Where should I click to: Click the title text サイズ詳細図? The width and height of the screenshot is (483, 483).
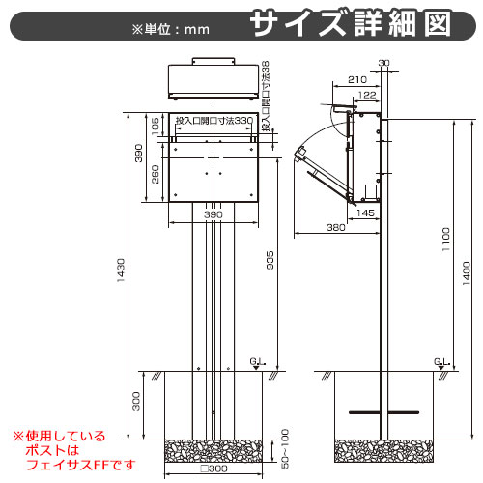[x=351, y=23]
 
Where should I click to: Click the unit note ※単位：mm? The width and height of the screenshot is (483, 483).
[x=171, y=30]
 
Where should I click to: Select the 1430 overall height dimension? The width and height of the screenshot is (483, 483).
[x=121, y=270]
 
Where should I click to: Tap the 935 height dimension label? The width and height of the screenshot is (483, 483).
[x=270, y=260]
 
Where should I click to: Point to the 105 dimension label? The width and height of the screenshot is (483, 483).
[x=156, y=127]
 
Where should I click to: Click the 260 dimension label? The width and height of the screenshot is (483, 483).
[x=156, y=174]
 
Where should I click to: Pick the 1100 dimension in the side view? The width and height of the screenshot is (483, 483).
[x=445, y=240]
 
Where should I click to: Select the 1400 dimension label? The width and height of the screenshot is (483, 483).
[x=466, y=273]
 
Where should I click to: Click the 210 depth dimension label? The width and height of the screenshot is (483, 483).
[x=357, y=79]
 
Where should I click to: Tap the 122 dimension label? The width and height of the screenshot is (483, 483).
[x=367, y=95]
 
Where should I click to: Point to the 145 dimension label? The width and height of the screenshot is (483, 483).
[x=365, y=213]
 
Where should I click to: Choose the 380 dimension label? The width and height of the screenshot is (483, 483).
[x=336, y=228]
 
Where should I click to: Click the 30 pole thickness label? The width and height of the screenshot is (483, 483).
[x=384, y=63]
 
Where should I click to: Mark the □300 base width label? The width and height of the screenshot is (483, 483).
[x=213, y=469]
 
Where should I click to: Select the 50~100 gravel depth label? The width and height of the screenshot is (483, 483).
[x=285, y=448]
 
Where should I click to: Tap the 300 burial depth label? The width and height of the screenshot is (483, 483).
[x=136, y=401]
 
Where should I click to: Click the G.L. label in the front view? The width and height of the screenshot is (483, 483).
[x=258, y=362]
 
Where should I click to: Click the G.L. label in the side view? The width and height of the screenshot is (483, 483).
[x=441, y=362]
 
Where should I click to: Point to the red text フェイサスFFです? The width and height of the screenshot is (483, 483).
[x=80, y=465]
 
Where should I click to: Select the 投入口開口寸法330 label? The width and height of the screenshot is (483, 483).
[x=214, y=121]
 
